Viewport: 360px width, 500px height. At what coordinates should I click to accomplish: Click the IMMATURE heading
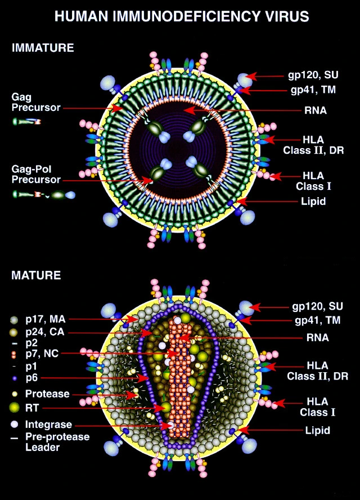42,48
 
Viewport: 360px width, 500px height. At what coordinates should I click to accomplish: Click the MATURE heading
36,276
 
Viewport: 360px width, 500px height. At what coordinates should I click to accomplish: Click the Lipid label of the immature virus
313,200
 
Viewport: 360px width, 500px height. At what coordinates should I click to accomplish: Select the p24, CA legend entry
45,331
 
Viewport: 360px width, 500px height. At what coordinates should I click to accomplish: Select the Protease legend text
47,394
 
